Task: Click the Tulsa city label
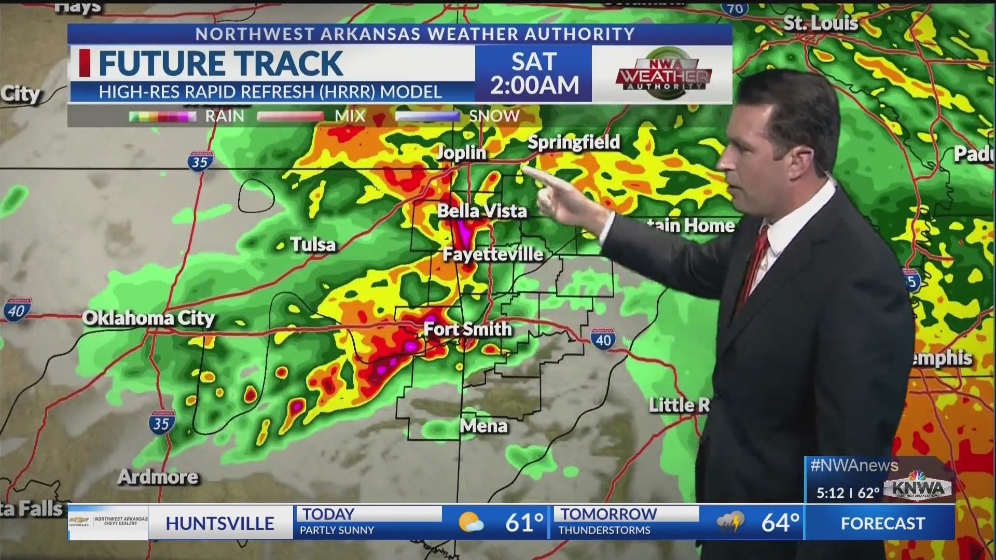(x=313, y=244)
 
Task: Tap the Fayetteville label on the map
(x=493, y=254)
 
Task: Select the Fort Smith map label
(x=467, y=329)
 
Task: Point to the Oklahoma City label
(x=148, y=318)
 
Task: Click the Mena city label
(x=483, y=426)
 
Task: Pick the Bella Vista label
(x=482, y=211)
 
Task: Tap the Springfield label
(x=574, y=142)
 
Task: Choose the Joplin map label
(x=461, y=152)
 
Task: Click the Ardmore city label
(x=158, y=477)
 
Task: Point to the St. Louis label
(x=820, y=23)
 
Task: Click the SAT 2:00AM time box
(x=534, y=74)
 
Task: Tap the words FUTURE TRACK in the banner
(x=220, y=63)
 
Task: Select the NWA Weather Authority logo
(x=663, y=74)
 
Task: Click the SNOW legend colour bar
(x=427, y=116)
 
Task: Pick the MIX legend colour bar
(x=290, y=116)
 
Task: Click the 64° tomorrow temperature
(x=780, y=523)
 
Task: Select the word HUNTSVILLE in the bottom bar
(x=220, y=524)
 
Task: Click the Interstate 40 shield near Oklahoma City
(x=18, y=310)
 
